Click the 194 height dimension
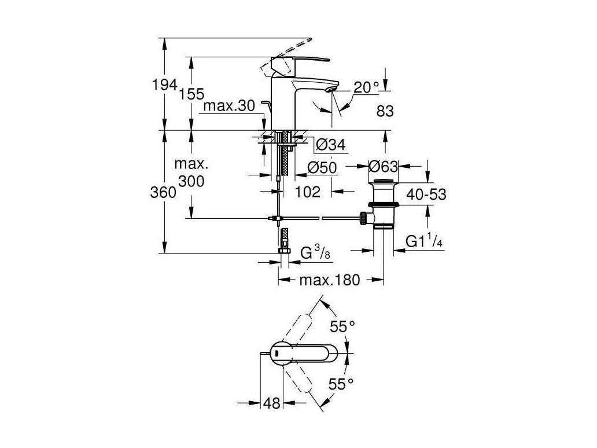(x=164, y=85)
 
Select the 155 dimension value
(x=192, y=94)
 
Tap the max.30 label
(x=229, y=105)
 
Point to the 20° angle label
(x=367, y=87)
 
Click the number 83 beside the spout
(x=385, y=111)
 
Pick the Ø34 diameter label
(x=331, y=145)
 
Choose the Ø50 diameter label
(x=322, y=168)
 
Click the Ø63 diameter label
(x=384, y=167)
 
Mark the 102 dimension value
(x=308, y=192)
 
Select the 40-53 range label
(x=426, y=194)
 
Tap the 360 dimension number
(x=163, y=193)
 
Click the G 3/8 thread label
(x=316, y=252)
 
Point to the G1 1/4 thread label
(x=424, y=241)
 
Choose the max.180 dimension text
(x=330, y=280)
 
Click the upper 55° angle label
(x=342, y=326)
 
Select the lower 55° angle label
(x=341, y=384)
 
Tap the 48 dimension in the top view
(x=271, y=403)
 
